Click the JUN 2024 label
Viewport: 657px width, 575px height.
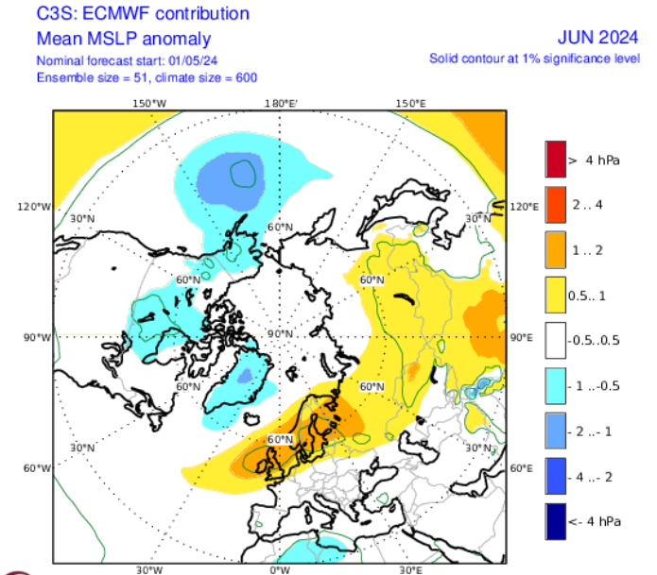[x=599, y=39]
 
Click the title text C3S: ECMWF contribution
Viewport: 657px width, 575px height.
[x=143, y=14]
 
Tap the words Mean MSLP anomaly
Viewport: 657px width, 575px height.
[x=124, y=39]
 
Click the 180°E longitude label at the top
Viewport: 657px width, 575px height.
[x=281, y=102]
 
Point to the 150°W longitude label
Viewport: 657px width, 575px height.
[x=150, y=102]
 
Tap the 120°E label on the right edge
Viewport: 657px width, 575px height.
[x=524, y=206]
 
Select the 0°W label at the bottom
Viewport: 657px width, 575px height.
[x=279, y=570]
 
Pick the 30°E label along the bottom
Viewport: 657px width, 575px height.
[x=409, y=570]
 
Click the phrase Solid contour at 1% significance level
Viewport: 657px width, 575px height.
[x=535, y=59]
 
